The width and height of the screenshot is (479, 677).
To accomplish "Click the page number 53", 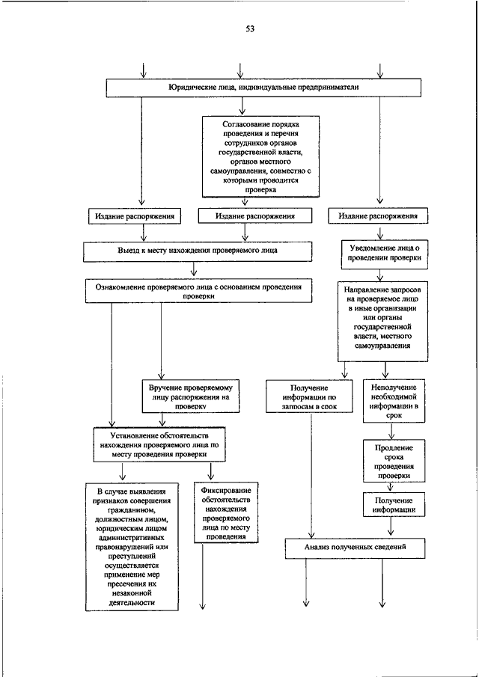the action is click(250, 29).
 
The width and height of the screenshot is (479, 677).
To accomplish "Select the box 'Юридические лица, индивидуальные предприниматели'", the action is click(264, 88).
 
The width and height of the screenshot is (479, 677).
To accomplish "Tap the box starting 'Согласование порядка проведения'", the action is click(261, 156).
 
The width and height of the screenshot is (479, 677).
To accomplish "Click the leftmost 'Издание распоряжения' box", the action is click(135, 216).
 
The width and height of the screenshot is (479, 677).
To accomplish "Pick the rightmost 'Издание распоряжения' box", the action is click(378, 216).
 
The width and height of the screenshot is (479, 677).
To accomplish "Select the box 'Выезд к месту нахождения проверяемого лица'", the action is click(198, 251).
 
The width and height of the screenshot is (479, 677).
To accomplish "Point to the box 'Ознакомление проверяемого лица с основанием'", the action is click(198, 292).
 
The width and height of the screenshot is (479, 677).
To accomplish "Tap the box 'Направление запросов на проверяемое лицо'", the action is click(382, 322).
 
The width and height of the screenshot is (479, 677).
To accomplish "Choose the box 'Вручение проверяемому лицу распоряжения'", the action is click(190, 396).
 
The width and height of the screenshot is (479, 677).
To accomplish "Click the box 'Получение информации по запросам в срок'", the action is click(309, 396).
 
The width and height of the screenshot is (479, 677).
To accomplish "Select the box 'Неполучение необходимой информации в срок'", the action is click(394, 401).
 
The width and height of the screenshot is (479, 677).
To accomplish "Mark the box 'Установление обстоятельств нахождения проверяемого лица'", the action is click(159, 444).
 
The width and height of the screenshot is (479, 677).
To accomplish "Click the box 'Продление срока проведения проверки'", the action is click(394, 461).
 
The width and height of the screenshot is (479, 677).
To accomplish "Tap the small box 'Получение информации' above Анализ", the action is click(394, 505).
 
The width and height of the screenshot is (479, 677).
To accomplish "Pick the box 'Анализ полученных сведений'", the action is click(355, 548).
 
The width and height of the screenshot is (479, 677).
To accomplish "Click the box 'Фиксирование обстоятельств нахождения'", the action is click(226, 512).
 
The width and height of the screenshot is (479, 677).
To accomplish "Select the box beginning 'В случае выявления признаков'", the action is click(132, 547).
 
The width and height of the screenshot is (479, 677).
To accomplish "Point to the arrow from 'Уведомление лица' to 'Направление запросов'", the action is click(380, 275).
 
